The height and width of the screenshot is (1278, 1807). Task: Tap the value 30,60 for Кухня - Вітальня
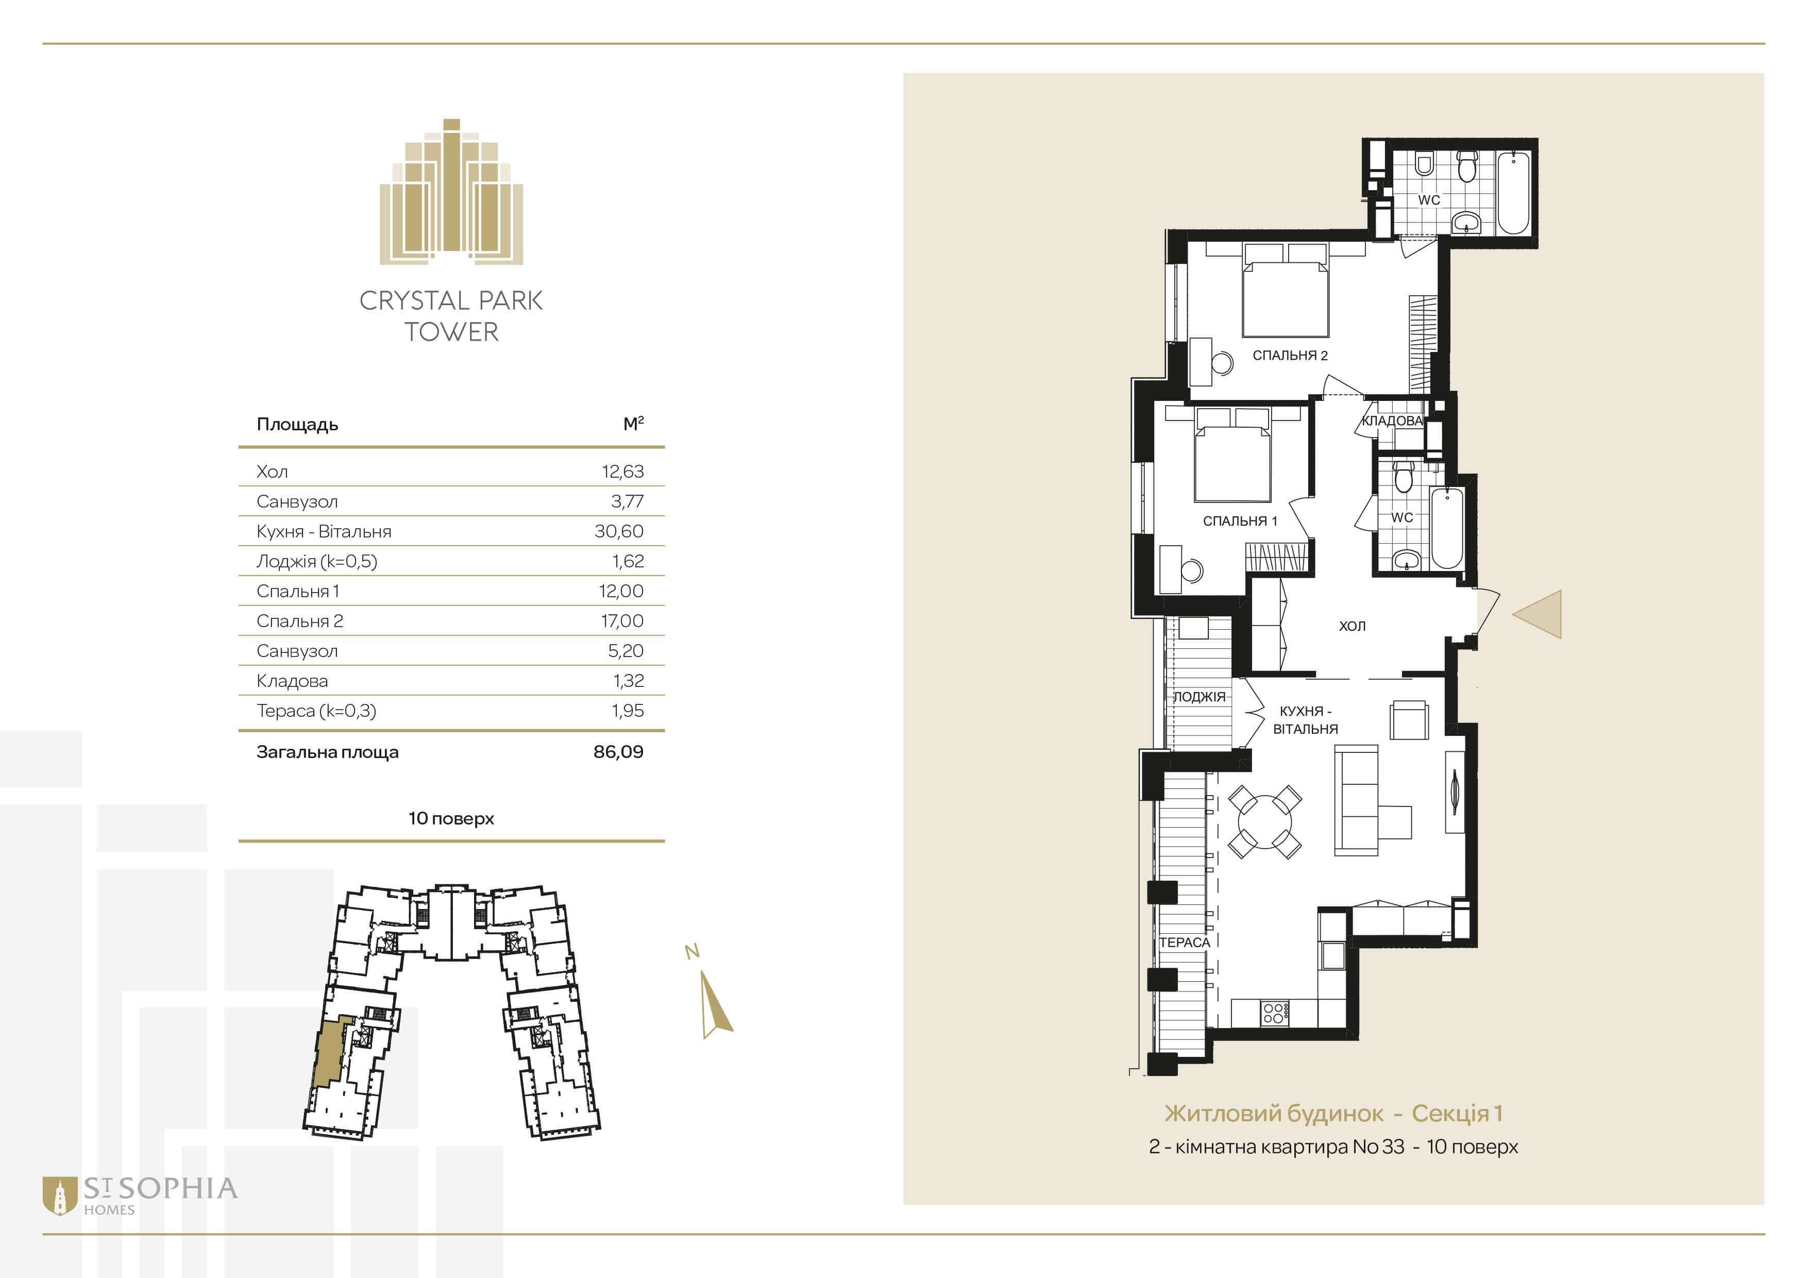(x=619, y=531)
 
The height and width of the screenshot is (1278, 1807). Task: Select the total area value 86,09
(x=619, y=751)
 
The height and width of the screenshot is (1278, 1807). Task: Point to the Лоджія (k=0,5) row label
(x=316, y=561)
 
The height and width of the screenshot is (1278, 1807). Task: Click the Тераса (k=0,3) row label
(x=316, y=711)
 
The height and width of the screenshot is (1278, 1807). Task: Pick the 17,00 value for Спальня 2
(x=622, y=621)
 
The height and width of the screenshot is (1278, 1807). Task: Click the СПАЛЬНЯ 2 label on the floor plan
(x=1290, y=356)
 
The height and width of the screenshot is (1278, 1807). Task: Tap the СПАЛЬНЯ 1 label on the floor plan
(x=1240, y=521)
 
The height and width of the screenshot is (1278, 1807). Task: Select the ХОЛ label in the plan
(x=1352, y=627)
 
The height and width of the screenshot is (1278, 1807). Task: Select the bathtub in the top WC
(x=1513, y=193)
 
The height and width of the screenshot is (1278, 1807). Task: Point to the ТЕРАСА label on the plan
(x=1185, y=943)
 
